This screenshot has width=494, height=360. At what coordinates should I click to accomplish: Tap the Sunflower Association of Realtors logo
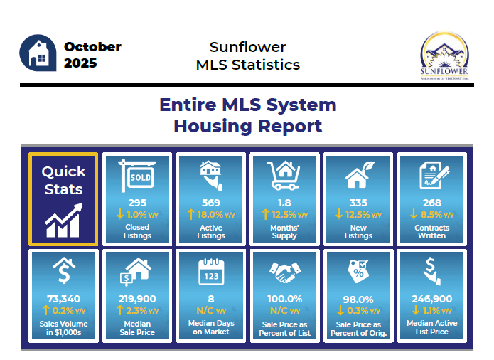(x=445, y=57)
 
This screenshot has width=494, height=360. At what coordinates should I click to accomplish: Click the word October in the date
(x=92, y=47)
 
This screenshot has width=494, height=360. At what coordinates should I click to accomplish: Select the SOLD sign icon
(x=137, y=174)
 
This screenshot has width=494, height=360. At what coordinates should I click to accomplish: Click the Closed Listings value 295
(x=137, y=203)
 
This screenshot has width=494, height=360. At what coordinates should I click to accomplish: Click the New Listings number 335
(x=358, y=203)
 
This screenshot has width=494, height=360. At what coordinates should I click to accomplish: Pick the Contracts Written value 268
(x=431, y=203)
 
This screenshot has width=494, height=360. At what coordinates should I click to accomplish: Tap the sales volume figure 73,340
(x=63, y=298)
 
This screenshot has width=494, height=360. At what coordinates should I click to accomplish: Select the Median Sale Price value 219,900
(x=137, y=298)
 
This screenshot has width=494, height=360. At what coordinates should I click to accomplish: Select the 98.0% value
(x=358, y=298)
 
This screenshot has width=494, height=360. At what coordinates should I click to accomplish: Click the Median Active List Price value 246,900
(x=431, y=298)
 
